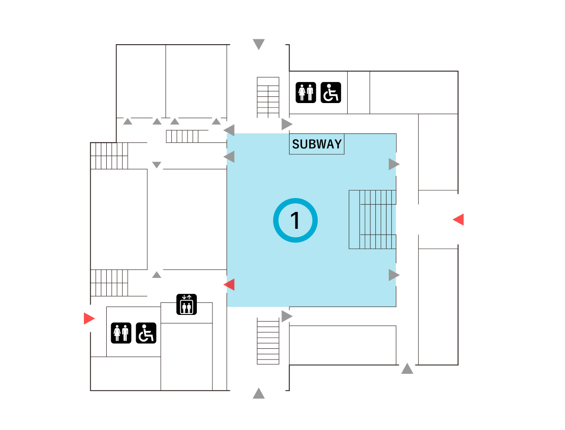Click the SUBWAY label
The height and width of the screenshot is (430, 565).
pos(316,144)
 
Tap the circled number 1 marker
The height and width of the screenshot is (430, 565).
pos(295,220)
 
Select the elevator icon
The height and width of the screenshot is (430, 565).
pos(187,304)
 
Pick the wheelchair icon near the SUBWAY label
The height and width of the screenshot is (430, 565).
pos(331,92)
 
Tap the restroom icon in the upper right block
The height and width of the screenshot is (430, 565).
pos(306,92)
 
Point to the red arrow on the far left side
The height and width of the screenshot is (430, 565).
pos(89,318)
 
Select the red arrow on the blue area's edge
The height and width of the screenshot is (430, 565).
pos(229,284)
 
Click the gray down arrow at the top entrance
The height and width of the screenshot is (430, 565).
pos(259,44)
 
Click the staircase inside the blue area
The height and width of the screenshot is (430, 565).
pos(372,219)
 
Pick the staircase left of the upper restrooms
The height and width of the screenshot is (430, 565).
pos(268,97)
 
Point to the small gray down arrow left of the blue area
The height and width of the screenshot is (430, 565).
pos(157,165)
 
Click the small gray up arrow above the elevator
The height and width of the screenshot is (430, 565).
pos(157,274)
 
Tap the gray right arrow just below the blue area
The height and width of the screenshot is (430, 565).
pos(287,316)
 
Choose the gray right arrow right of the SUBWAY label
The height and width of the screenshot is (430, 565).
pos(394,164)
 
